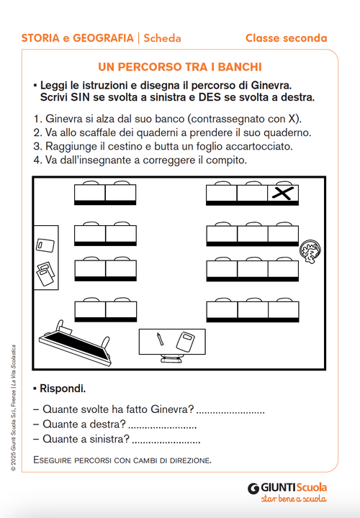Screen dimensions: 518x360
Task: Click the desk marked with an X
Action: (x=283, y=194)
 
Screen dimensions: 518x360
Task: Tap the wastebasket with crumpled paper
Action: (x=310, y=251)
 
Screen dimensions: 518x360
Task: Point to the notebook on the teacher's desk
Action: (x=185, y=340)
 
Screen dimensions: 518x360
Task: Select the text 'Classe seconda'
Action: (x=286, y=38)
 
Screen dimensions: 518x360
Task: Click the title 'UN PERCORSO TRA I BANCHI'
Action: (x=179, y=67)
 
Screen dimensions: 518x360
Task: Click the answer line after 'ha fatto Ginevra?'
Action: (x=230, y=412)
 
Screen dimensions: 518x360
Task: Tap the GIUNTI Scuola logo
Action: (x=287, y=487)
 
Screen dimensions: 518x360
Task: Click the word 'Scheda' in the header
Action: (x=163, y=38)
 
